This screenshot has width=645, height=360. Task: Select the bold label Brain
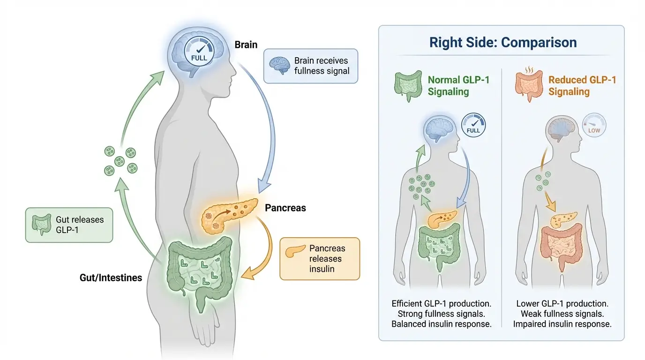246,45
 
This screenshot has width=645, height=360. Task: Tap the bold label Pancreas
285,208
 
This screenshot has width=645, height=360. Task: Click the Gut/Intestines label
111,277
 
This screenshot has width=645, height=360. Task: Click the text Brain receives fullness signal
322,66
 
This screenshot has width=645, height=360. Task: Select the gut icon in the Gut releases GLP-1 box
40,225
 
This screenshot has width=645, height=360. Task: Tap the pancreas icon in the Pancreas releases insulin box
294,253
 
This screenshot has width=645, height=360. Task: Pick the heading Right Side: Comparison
503,43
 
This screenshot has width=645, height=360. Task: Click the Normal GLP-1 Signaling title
458,85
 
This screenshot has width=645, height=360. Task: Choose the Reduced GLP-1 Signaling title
582,85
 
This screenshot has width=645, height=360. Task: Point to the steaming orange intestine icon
529,86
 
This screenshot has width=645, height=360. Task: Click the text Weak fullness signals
562,314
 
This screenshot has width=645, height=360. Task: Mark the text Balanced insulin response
442,324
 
